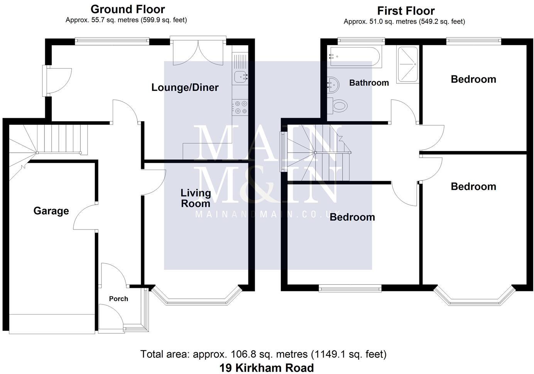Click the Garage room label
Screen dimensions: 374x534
tap(51, 211)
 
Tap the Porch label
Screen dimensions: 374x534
tap(118, 299)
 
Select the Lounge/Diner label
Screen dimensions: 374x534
tap(185, 87)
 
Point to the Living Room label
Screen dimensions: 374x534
tap(196, 198)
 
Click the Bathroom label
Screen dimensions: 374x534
tap(369, 83)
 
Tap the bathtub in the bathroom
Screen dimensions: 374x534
tap(354, 57)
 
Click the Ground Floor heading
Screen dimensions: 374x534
tap(128, 9)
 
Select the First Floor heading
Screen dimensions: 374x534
tap(406, 10)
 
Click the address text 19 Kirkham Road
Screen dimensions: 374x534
tap(267, 368)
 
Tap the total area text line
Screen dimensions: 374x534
tap(263, 354)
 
